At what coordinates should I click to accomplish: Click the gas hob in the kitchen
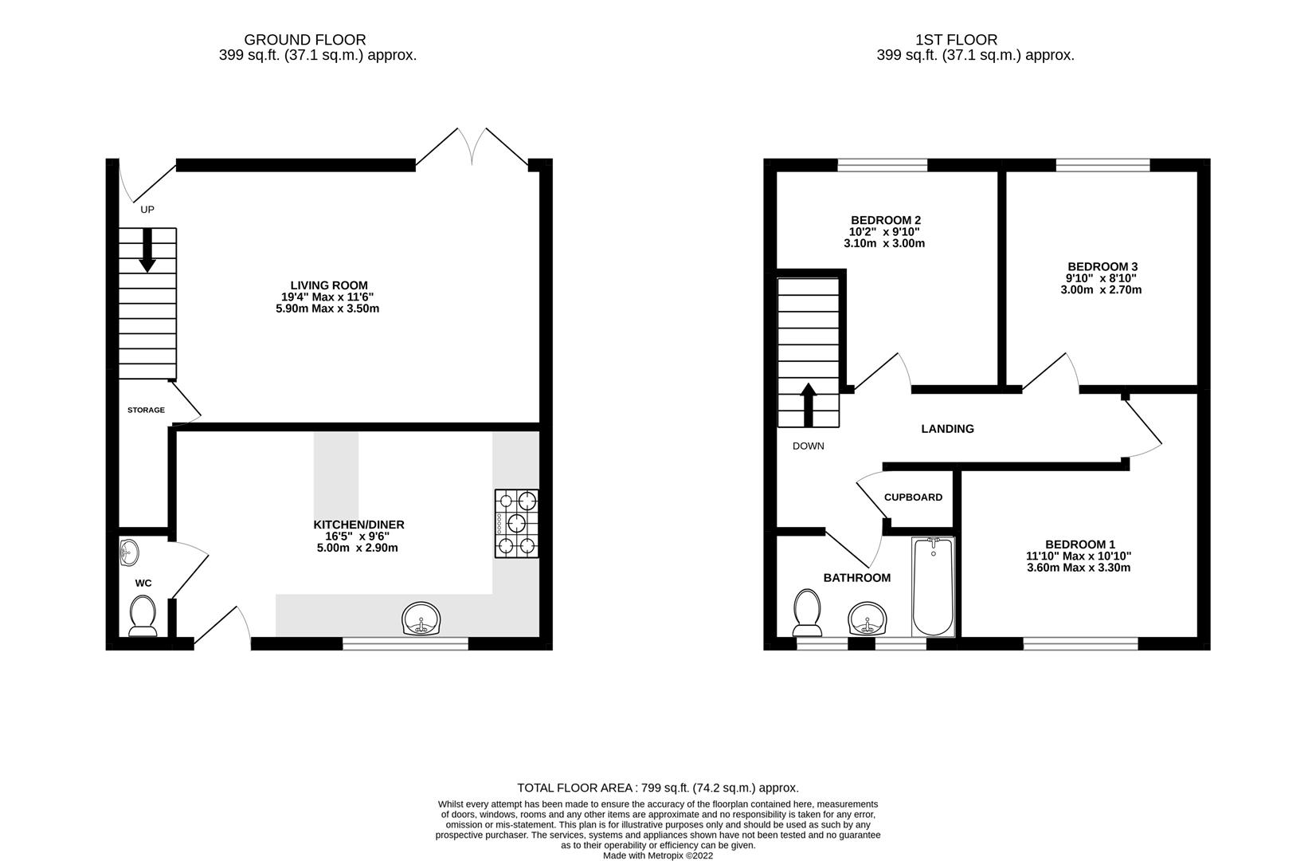517,523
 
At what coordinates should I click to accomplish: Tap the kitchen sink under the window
421,619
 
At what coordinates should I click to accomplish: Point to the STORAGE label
146,410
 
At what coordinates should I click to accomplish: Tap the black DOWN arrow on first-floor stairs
809,406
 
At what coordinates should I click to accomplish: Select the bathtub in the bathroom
932,586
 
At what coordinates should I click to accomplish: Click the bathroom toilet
808,612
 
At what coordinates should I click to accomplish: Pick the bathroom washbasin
867,618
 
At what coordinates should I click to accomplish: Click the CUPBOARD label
913,497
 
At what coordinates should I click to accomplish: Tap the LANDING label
947,429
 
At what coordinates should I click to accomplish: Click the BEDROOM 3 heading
1102,266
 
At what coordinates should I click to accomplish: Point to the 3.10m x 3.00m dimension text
885,243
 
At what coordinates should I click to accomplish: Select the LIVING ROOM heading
328,285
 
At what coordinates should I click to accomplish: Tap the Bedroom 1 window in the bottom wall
1080,643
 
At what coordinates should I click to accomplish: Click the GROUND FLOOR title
305,39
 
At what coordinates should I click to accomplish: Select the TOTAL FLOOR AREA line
657,788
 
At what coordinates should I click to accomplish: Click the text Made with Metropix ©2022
657,855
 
